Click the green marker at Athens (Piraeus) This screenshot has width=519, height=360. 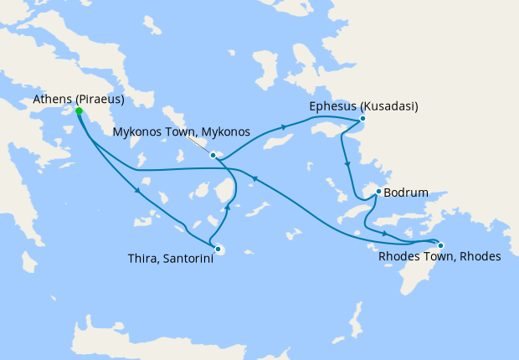pos(78,111)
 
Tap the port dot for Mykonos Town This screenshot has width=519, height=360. pos(213,155)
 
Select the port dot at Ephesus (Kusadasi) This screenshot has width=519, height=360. pos(362,119)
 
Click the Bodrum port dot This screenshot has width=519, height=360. pos(378,192)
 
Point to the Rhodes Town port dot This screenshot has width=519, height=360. pos(441,245)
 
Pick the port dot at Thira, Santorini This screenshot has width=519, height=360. pos(218,249)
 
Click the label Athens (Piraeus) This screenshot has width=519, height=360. pos(79,99)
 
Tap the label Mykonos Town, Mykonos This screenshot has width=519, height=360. pos(182,131)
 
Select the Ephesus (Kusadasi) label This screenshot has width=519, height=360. pos(363,106)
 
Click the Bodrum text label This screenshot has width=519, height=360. pos(406,193)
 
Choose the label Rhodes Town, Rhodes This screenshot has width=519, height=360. pos(439,257)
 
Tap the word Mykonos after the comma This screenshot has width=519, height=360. pos(225,131)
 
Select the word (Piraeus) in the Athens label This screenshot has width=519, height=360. pos(100,99)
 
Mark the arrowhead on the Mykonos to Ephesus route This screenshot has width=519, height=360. pos(284,127)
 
